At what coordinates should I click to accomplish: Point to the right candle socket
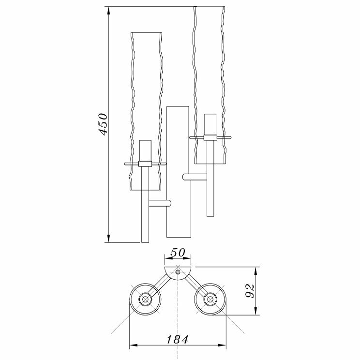210,124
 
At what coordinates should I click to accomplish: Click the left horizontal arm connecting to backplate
159,203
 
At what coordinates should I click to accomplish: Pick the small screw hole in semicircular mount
178,273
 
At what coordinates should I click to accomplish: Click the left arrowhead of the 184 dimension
132,345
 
